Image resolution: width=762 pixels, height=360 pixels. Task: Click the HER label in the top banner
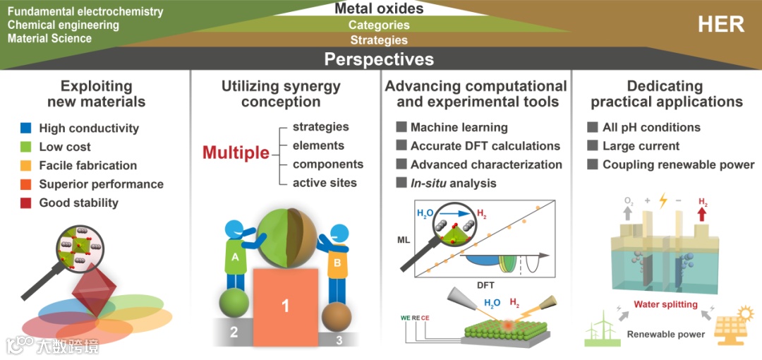721,24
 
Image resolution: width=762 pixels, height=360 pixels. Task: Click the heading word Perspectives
379,59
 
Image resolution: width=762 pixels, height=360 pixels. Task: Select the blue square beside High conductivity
25,128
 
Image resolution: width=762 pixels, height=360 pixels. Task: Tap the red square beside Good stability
25,203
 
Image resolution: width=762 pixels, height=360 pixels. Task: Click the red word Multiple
236,152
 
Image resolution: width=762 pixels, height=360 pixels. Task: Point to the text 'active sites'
325,183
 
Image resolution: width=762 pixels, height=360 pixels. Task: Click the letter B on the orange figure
337,263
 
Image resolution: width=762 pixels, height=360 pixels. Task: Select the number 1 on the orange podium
286,306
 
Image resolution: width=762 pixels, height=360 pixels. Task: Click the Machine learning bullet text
459,128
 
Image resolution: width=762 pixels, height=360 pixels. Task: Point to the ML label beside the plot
404,240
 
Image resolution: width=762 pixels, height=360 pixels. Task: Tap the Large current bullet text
641,146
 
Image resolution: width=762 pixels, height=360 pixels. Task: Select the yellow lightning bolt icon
663,202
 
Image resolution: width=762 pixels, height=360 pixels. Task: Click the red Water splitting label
665,305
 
